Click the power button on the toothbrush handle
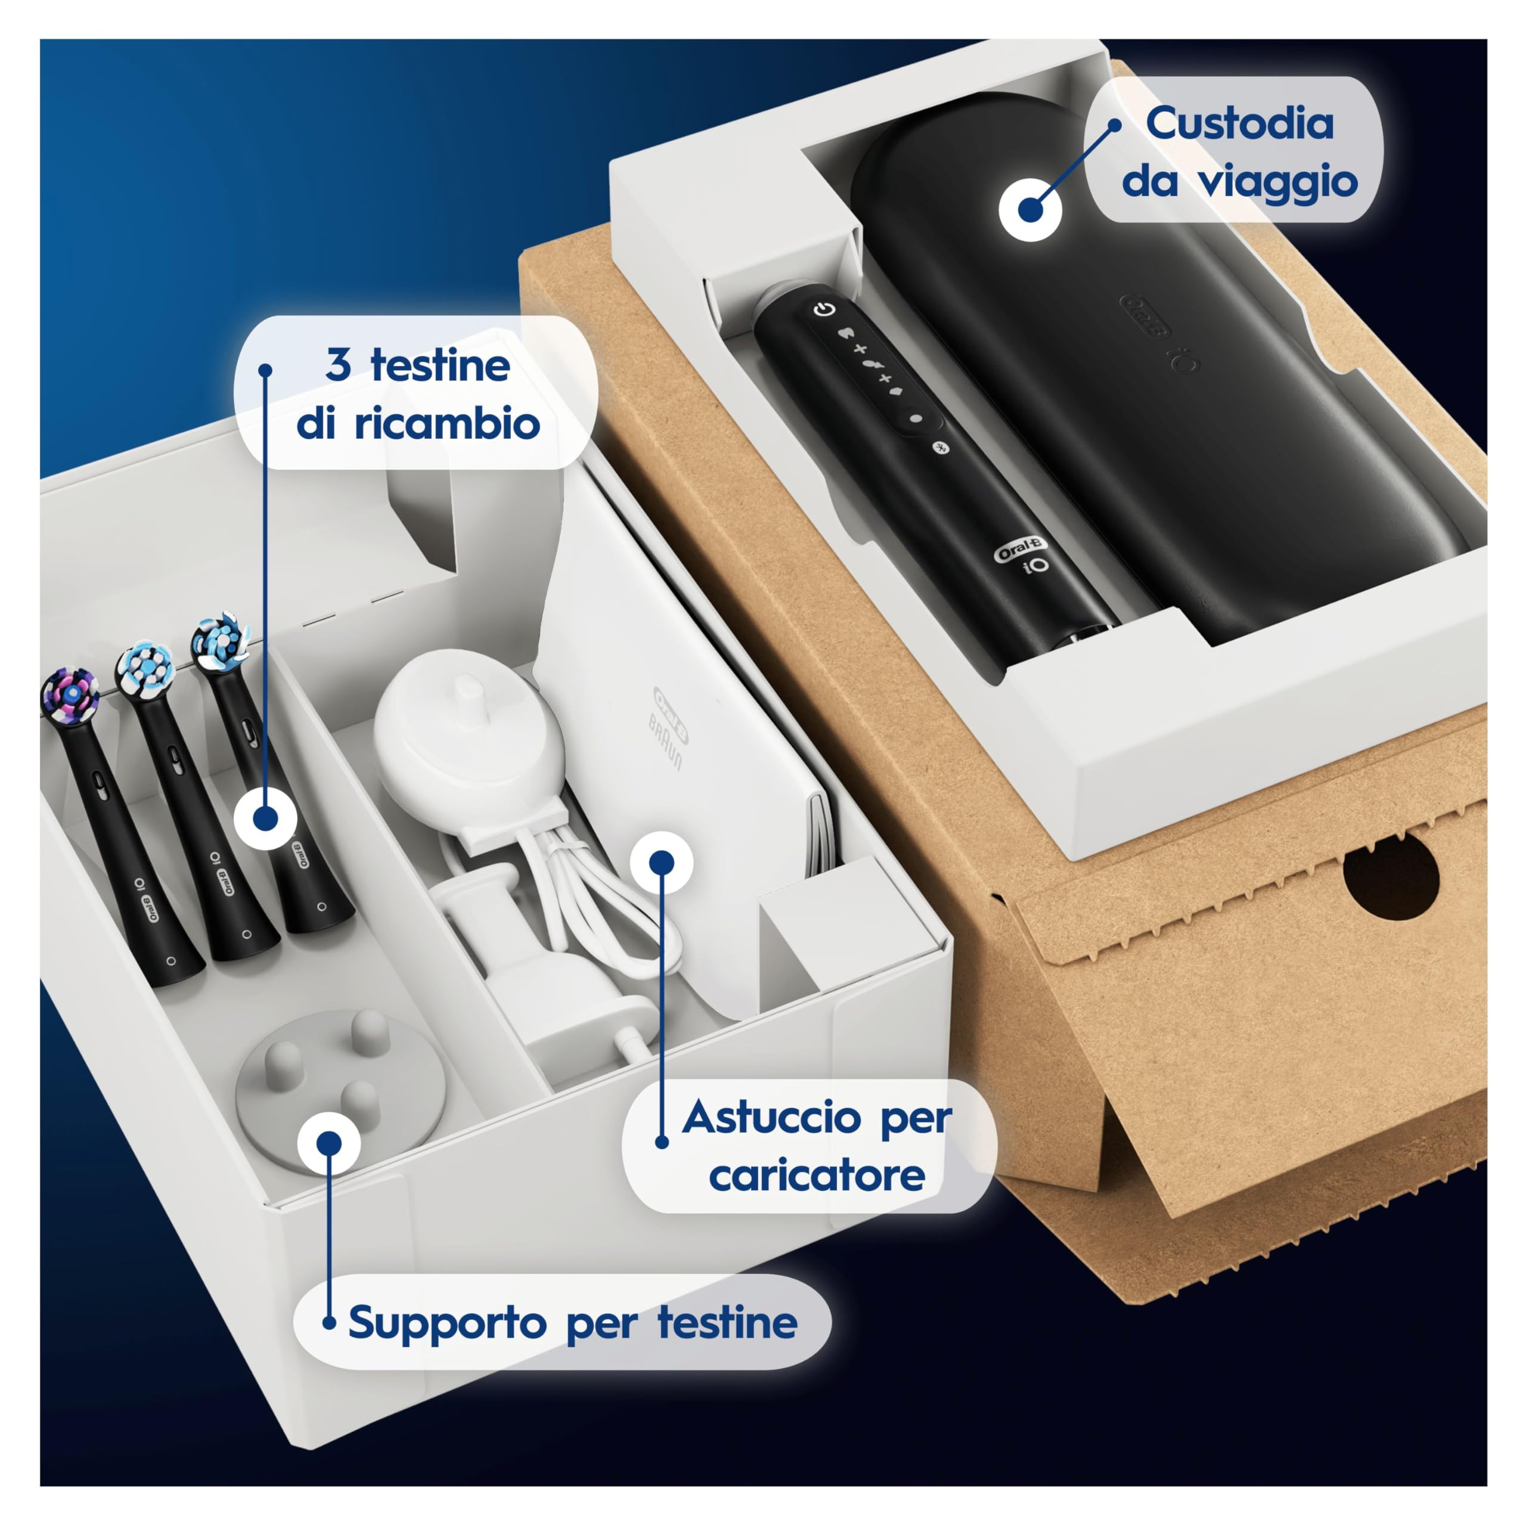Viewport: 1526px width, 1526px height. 824,309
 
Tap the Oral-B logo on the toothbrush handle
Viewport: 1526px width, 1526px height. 1020,548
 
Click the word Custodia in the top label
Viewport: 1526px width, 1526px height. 1239,124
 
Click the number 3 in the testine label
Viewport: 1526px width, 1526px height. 338,365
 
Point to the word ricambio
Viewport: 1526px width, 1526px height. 446,424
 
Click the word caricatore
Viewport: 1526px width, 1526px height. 817,1175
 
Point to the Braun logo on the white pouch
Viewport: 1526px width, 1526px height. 665,743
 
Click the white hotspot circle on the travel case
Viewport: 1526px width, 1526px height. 1030,209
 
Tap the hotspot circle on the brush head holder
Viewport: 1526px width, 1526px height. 330,1143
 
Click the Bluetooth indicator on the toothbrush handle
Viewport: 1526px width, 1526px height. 940,447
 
